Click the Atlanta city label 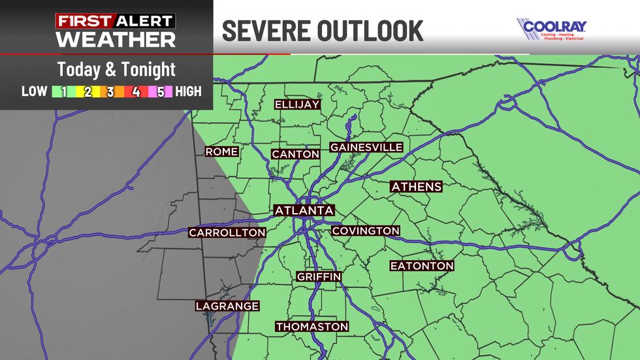point(304,210)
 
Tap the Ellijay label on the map point(296,105)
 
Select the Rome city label point(222,152)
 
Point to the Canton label point(296,154)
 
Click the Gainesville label point(366,147)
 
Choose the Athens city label point(416,187)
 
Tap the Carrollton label point(227,233)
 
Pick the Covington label point(366,231)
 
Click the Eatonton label point(422,266)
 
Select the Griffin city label point(319,277)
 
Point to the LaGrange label point(228,306)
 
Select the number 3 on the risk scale point(110,92)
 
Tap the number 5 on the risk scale point(159,92)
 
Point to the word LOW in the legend point(35,92)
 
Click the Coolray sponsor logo point(552,29)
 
